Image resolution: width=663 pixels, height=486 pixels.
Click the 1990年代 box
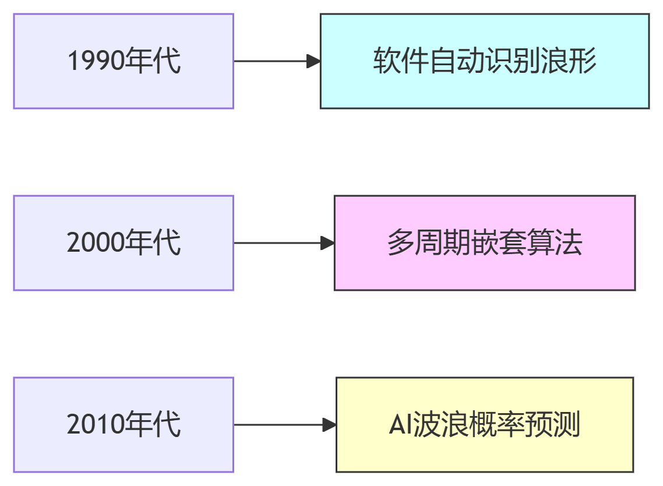click(124, 61)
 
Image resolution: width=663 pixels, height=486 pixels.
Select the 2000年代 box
click(124, 243)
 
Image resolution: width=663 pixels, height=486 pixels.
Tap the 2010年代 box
click(124, 425)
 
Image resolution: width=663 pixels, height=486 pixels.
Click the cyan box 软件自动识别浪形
click(485, 61)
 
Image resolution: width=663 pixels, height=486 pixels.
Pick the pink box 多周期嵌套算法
click(485, 243)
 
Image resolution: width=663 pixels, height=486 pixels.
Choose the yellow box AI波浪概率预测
click(485, 425)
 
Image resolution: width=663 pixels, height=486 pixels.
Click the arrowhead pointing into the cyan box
click(314, 61)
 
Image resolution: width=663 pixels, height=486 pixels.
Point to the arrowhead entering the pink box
click(328, 243)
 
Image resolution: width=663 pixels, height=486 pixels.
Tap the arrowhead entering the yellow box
click(330, 425)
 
